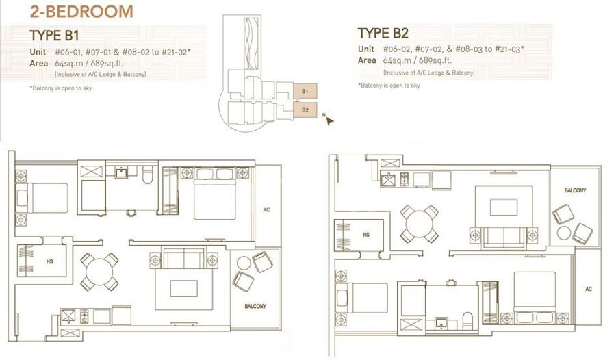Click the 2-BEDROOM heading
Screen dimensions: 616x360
tap(81, 11)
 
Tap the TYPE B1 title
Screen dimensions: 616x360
tap(54, 36)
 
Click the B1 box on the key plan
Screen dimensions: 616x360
tap(305, 91)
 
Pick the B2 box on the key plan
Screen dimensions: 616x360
tap(305, 110)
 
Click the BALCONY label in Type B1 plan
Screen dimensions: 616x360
tap(255, 306)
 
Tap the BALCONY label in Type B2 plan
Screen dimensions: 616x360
tap(575, 190)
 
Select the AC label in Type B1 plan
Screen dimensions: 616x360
tap(266, 210)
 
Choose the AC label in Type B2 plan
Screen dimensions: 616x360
tap(588, 289)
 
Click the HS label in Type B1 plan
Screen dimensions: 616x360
tap(49, 261)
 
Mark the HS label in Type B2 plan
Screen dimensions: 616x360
tap(366, 235)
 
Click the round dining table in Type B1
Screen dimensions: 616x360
tap(99, 272)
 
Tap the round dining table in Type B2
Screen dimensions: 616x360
tap(419, 223)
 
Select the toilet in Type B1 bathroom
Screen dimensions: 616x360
tap(147, 175)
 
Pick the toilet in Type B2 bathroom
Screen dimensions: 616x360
tap(467, 321)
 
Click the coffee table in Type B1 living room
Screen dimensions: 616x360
tap(184, 288)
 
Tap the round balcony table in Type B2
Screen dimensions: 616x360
tap(563, 233)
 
